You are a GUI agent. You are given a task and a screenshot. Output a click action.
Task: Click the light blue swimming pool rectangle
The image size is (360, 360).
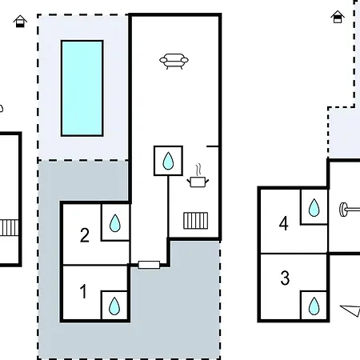click(x=82, y=88)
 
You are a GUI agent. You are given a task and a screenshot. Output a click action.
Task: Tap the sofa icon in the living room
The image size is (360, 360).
click(x=174, y=62)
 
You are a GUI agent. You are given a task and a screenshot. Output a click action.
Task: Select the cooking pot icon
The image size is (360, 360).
click(x=198, y=182)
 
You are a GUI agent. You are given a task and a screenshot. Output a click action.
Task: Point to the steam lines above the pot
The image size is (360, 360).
click(x=198, y=170)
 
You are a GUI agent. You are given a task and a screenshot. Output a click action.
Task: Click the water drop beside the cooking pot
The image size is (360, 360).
click(x=168, y=161)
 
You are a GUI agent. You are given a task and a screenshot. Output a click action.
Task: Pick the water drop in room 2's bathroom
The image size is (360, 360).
click(x=115, y=223)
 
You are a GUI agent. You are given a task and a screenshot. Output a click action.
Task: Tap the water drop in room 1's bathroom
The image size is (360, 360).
click(x=114, y=306)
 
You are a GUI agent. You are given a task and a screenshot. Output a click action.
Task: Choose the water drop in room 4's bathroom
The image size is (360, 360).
click(x=314, y=207)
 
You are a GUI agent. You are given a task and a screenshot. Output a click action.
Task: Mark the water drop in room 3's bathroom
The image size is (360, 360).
click(x=314, y=306)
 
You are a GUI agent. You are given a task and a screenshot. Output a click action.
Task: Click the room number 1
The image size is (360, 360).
click(x=83, y=291)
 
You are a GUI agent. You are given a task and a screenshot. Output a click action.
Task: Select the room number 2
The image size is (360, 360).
click(x=85, y=235)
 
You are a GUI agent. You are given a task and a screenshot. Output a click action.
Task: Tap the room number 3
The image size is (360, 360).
click(x=285, y=278)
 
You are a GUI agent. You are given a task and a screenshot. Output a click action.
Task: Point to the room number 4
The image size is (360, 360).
click(x=284, y=223)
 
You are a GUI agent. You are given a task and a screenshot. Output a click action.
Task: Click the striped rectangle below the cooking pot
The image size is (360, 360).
click(x=196, y=221)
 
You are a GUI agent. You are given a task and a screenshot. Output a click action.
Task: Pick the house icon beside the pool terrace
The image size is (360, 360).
click(x=20, y=22)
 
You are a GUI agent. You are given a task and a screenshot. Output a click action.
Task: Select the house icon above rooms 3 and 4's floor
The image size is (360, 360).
click(x=338, y=17)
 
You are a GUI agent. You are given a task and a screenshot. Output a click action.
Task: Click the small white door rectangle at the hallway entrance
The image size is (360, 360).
click(x=149, y=265)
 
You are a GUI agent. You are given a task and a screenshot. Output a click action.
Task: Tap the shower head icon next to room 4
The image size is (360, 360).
click(x=350, y=210)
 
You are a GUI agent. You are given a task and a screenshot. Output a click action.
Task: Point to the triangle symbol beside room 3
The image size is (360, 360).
click(x=350, y=310)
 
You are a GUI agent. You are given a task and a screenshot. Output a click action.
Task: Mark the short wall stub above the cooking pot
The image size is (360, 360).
click(x=213, y=146)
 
